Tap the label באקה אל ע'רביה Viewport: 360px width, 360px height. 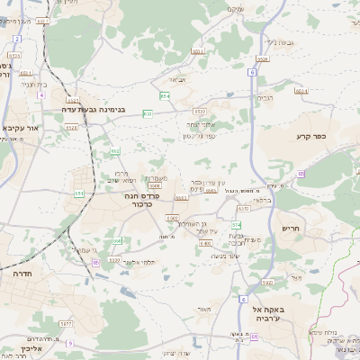point(276,314)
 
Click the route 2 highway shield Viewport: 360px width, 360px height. point(17,40)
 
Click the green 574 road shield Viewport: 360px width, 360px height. point(237,224)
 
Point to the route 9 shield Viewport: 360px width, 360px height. point(69,343)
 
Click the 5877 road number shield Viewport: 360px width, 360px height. point(66,323)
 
